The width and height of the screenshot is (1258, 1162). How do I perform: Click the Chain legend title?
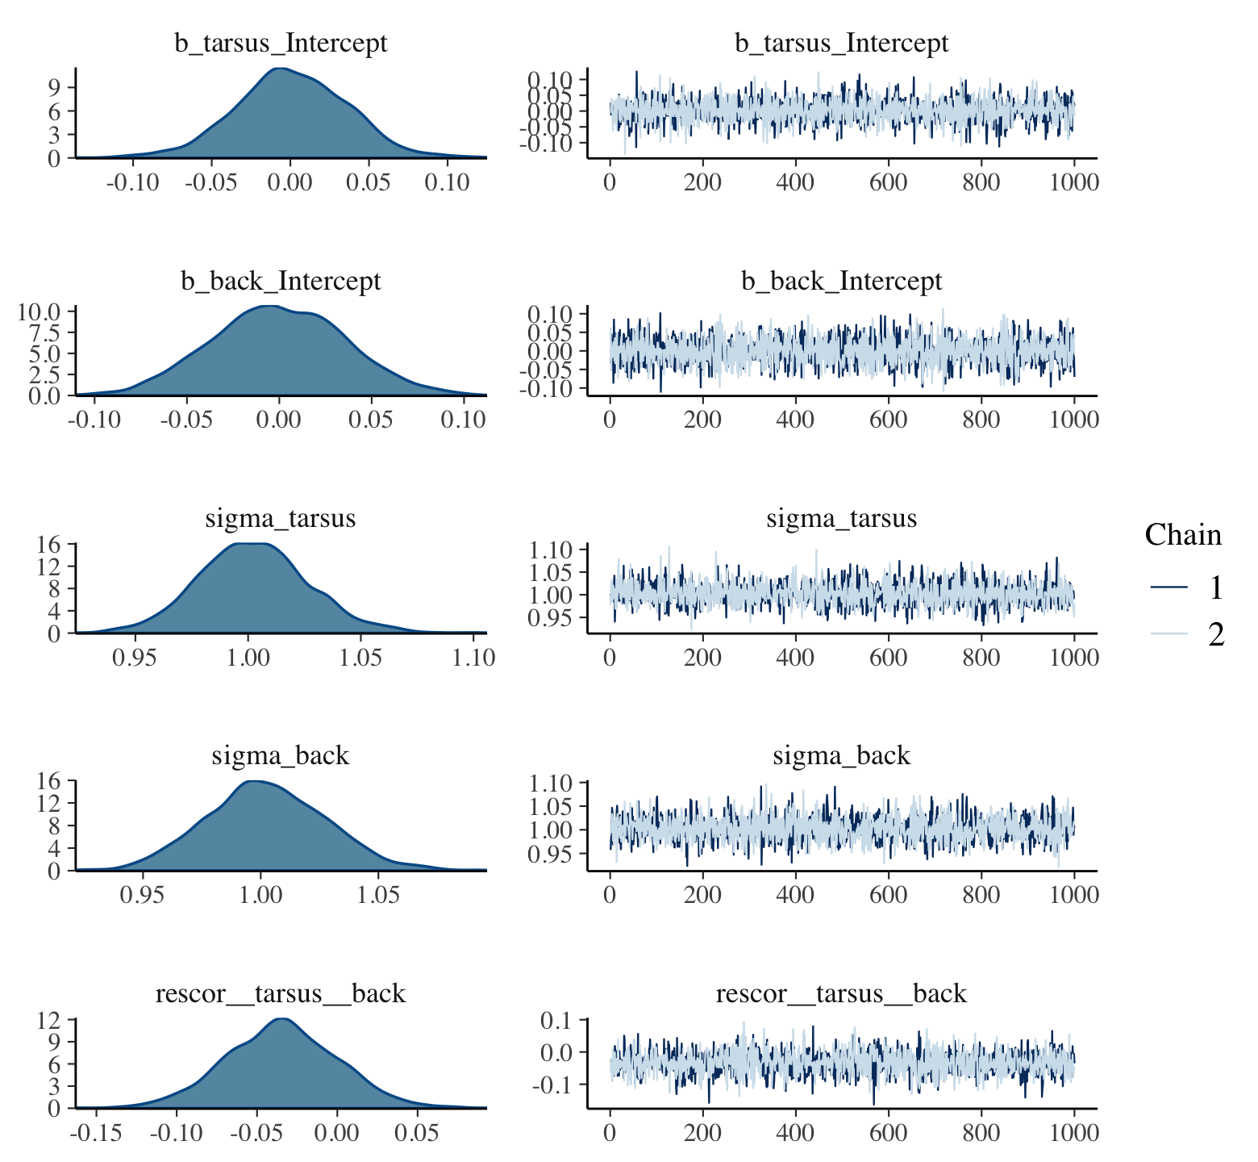pyautogui.click(x=1183, y=535)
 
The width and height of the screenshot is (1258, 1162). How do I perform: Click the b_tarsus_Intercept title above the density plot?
pyautogui.click(x=281, y=43)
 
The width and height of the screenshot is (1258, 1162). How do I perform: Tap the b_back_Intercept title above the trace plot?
pyautogui.click(x=841, y=281)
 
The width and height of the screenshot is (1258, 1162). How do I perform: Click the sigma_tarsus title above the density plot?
pyautogui.click(x=281, y=518)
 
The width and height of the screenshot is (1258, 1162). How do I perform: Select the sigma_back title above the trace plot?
pyautogui.click(x=841, y=756)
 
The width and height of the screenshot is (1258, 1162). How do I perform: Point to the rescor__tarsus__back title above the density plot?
pyautogui.click(x=281, y=993)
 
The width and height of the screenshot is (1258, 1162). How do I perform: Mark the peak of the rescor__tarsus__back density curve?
pyautogui.click(x=281, y=1019)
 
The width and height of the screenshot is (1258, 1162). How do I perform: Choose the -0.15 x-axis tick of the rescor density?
pyautogui.click(x=96, y=1133)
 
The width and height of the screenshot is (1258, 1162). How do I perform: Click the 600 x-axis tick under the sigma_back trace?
pyautogui.click(x=888, y=895)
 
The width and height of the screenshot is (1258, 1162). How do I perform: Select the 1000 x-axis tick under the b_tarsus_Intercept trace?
pyautogui.click(x=1073, y=182)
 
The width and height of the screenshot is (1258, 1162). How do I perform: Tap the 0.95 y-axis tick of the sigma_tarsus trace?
pyautogui.click(x=550, y=618)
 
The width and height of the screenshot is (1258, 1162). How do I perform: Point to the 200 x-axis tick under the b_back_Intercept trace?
pyautogui.click(x=702, y=420)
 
